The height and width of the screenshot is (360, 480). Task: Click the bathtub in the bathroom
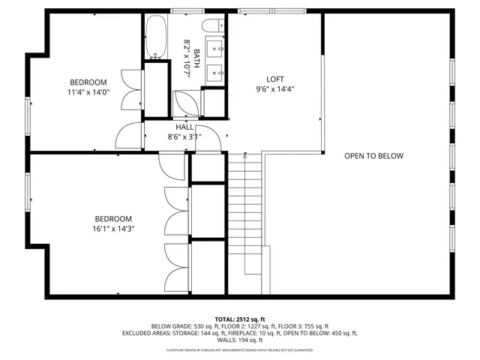pyautogui.click(x=156, y=37)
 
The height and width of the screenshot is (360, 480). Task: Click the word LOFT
pyautogui.click(x=275, y=79)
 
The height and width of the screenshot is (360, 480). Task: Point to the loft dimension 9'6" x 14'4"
pyautogui.click(x=275, y=90)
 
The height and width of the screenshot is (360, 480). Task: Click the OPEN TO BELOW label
pyautogui.click(x=373, y=156)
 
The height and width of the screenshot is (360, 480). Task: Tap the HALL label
pyautogui.click(x=184, y=127)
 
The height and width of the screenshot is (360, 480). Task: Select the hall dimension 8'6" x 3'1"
pyautogui.click(x=184, y=137)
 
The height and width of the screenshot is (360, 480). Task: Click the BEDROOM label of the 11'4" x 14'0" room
pyautogui.click(x=88, y=82)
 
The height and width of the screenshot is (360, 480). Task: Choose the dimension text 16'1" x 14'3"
pyautogui.click(x=112, y=229)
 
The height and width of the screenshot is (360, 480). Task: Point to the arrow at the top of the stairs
pyautogui.click(x=245, y=157)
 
